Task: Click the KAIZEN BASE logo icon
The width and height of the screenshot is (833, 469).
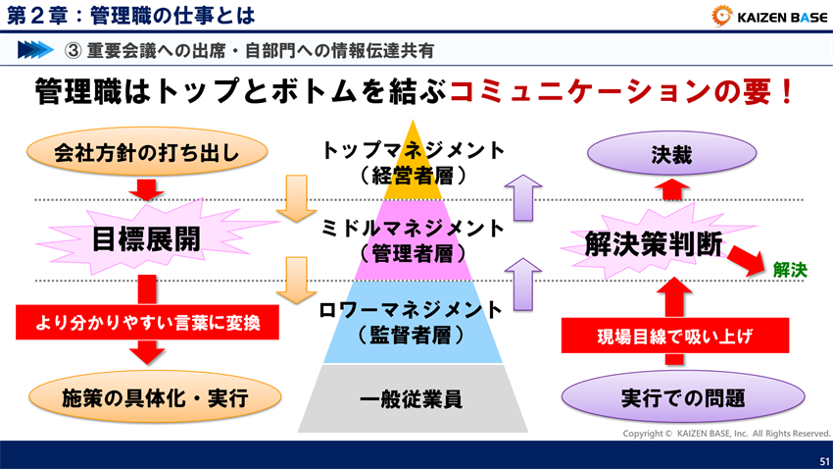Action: click(720, 15)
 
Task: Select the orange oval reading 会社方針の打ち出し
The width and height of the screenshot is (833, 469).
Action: click(146, 152)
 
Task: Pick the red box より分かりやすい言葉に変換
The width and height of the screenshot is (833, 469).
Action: click(146, 321)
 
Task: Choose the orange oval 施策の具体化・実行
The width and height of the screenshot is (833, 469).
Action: click(146, 397)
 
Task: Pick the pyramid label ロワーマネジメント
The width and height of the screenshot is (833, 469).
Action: click(413, 310)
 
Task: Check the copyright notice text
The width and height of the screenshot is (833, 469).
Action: click(725, 433)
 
